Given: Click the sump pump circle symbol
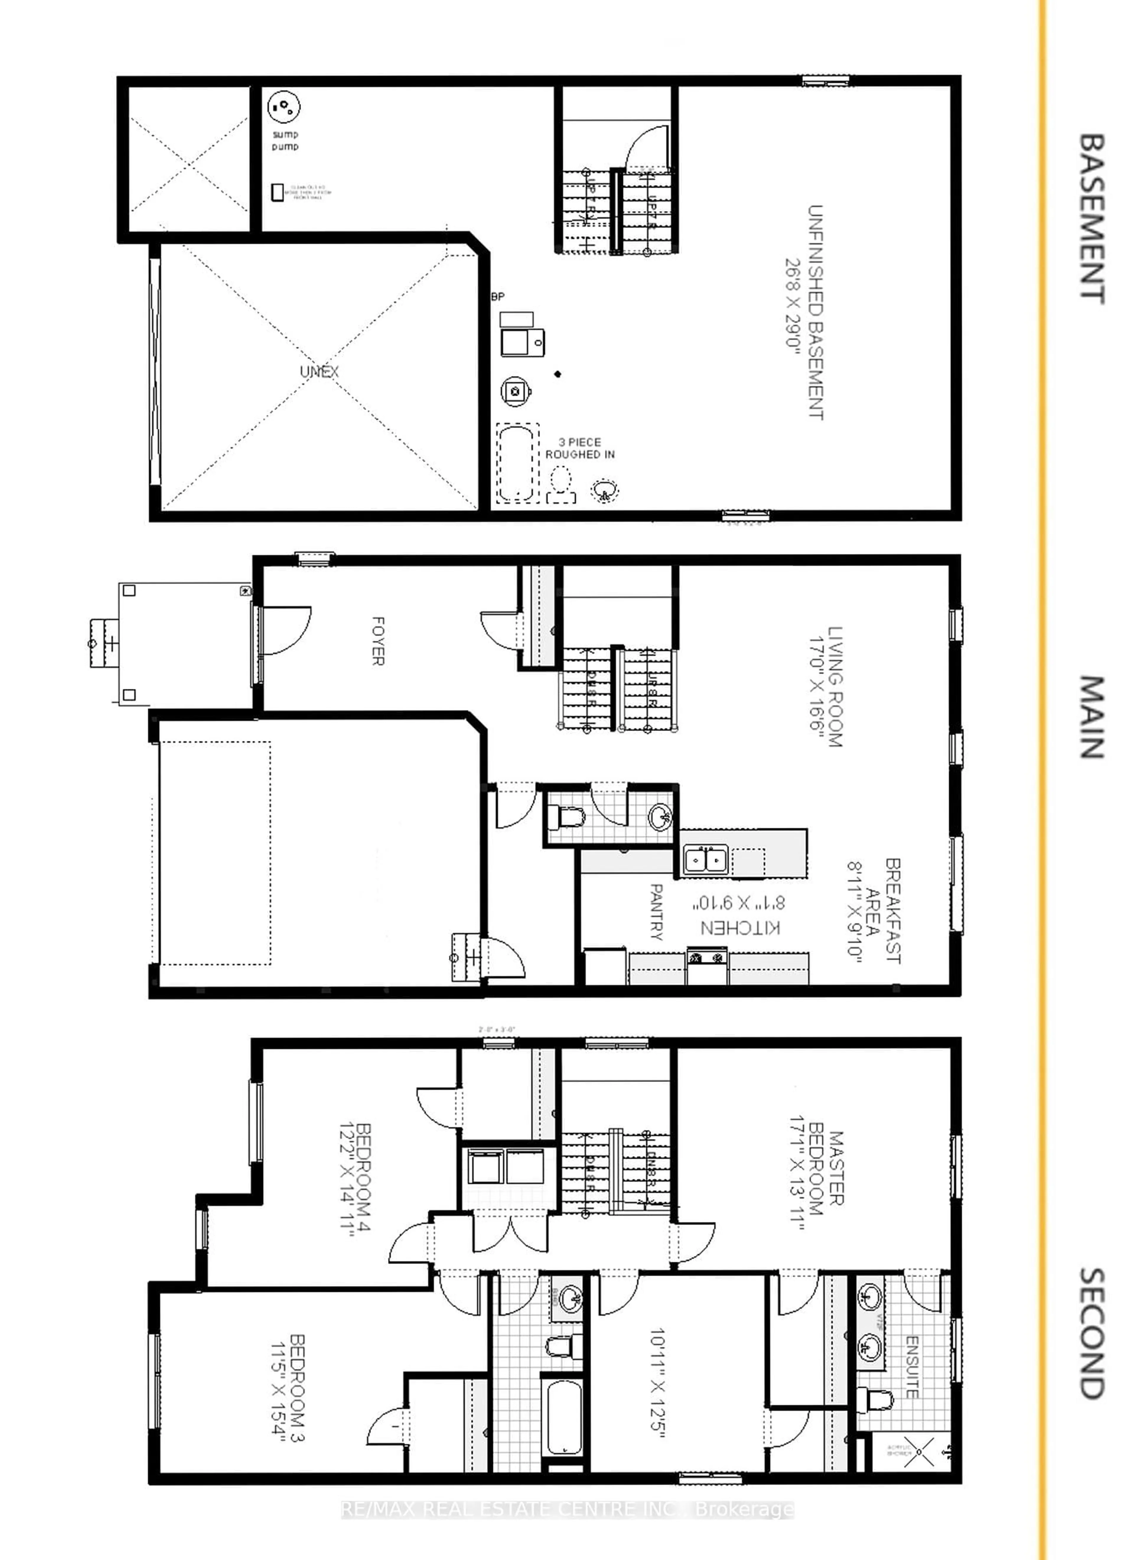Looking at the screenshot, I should pos(283,107).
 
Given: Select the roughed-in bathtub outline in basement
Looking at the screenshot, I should pos(516,462).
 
